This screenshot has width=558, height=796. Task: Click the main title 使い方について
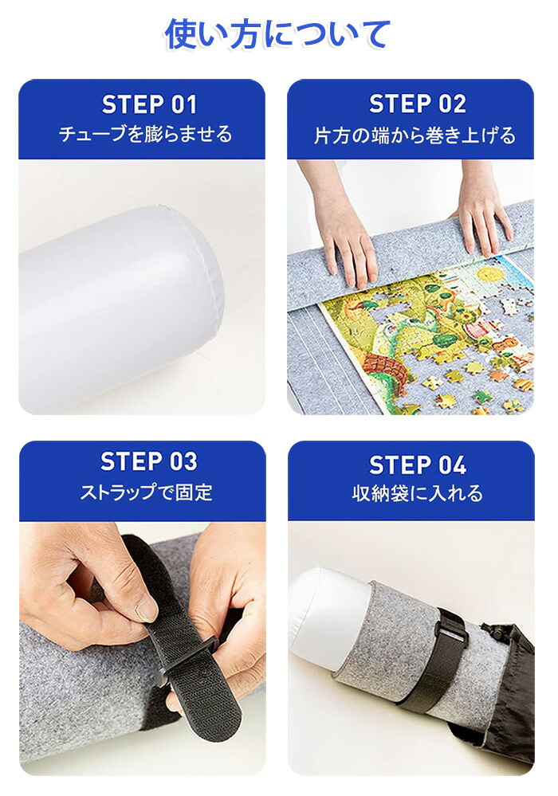(x=277, y=34)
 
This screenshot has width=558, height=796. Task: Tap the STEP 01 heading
(x=149, y=104)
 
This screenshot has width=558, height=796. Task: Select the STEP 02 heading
(x=418, y=104)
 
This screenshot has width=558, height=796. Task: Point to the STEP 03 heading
(x=149, y=461)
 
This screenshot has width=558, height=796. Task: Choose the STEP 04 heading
(x=418, y=465)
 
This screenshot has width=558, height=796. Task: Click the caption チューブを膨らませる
(x=146, y=135)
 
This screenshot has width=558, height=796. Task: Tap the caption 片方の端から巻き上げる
(x=415, y=135)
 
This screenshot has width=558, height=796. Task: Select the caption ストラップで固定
(x=146, y=492)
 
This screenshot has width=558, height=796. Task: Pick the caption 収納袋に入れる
(x=418, y=493)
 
